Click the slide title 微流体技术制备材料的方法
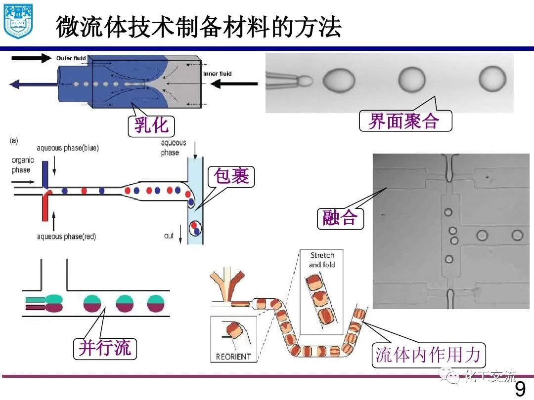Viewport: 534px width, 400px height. pyautogui.click(x=198, y=27)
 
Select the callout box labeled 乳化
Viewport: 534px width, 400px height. pyautogui.click(x=151, y=125)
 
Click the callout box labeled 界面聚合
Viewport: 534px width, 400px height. pyautogui.click(x=405, y=120)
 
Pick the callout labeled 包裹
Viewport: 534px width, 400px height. pyautogui.click(x=231, y=176)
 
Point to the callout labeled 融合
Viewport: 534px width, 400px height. pyautogui.click(x=340, y=217)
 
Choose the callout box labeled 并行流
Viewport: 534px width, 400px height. pyautogui.click(x=104, y=348)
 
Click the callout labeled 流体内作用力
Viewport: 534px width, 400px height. pyautogui.click(x=428, y=355)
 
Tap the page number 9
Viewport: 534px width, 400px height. pyautogui.click(x=520, y=389)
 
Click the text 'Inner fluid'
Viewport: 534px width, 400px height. pyautogui.click(x=217, y=74)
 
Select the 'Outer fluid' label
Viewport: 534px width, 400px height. pyautogui.click(x=71, y=58)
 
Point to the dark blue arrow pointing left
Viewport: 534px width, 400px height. pyautogui.click(x=30, y=84)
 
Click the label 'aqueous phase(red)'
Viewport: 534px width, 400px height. pyautogui.click(x=67, y=237)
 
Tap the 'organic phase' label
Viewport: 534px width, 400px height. pyautogui.click(x=21, y=165)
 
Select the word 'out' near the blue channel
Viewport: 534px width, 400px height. pyautogui.click(x=169, y=236)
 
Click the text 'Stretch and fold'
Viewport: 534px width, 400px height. pyautogui.click(x=322, y=260)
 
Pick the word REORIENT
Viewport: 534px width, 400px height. pyautogui.click(x=233, y=356)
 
